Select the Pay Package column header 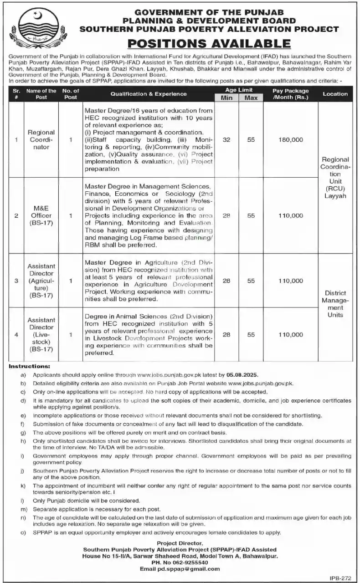[290, 94]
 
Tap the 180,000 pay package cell [290, 140]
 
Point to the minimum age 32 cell [226, 140]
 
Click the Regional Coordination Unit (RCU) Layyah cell [335, 178]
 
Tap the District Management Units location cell [335, 304]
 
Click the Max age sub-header [251, 98]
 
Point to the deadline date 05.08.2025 [242, 375]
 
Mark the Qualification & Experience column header [147, 94]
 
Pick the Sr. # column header [16, 94]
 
